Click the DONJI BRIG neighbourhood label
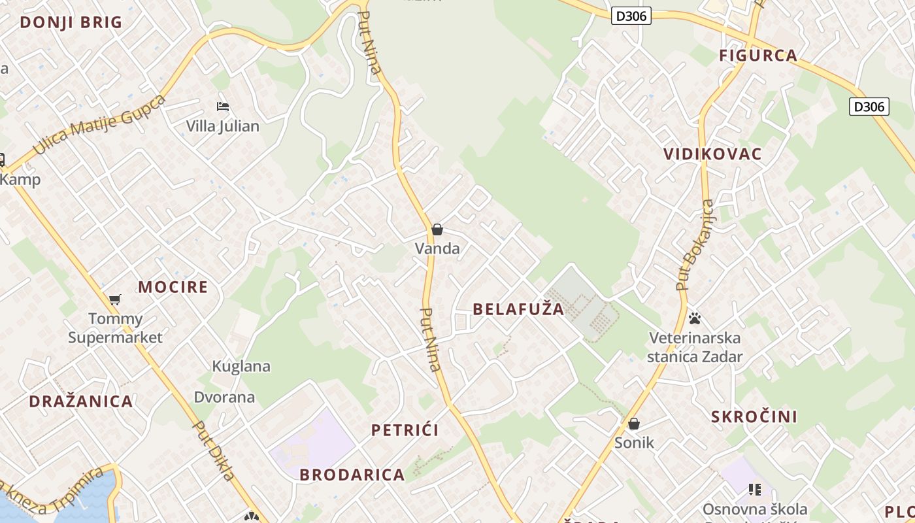tap(71, 22)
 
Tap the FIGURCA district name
tap(758, 56)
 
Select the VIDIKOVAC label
tap(712, 154)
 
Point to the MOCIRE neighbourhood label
tap(173, 287)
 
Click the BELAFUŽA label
tap(518, 309)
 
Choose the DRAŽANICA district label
tap(81, 401)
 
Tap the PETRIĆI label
tap(405, 430)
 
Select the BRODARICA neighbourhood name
tap(352, 475)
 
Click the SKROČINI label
tap(754, 417)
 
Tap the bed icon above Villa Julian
tap(223, 106)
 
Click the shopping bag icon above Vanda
tap(437, 229)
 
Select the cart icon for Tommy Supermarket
tap(115, 299)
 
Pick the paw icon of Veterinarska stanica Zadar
tap(695, 318)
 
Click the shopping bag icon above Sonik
tap(634, 424)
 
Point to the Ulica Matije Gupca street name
tap(99, 124)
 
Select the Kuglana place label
tap(241, 366)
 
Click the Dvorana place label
tap(224, 397)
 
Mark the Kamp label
tap(21, 179)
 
